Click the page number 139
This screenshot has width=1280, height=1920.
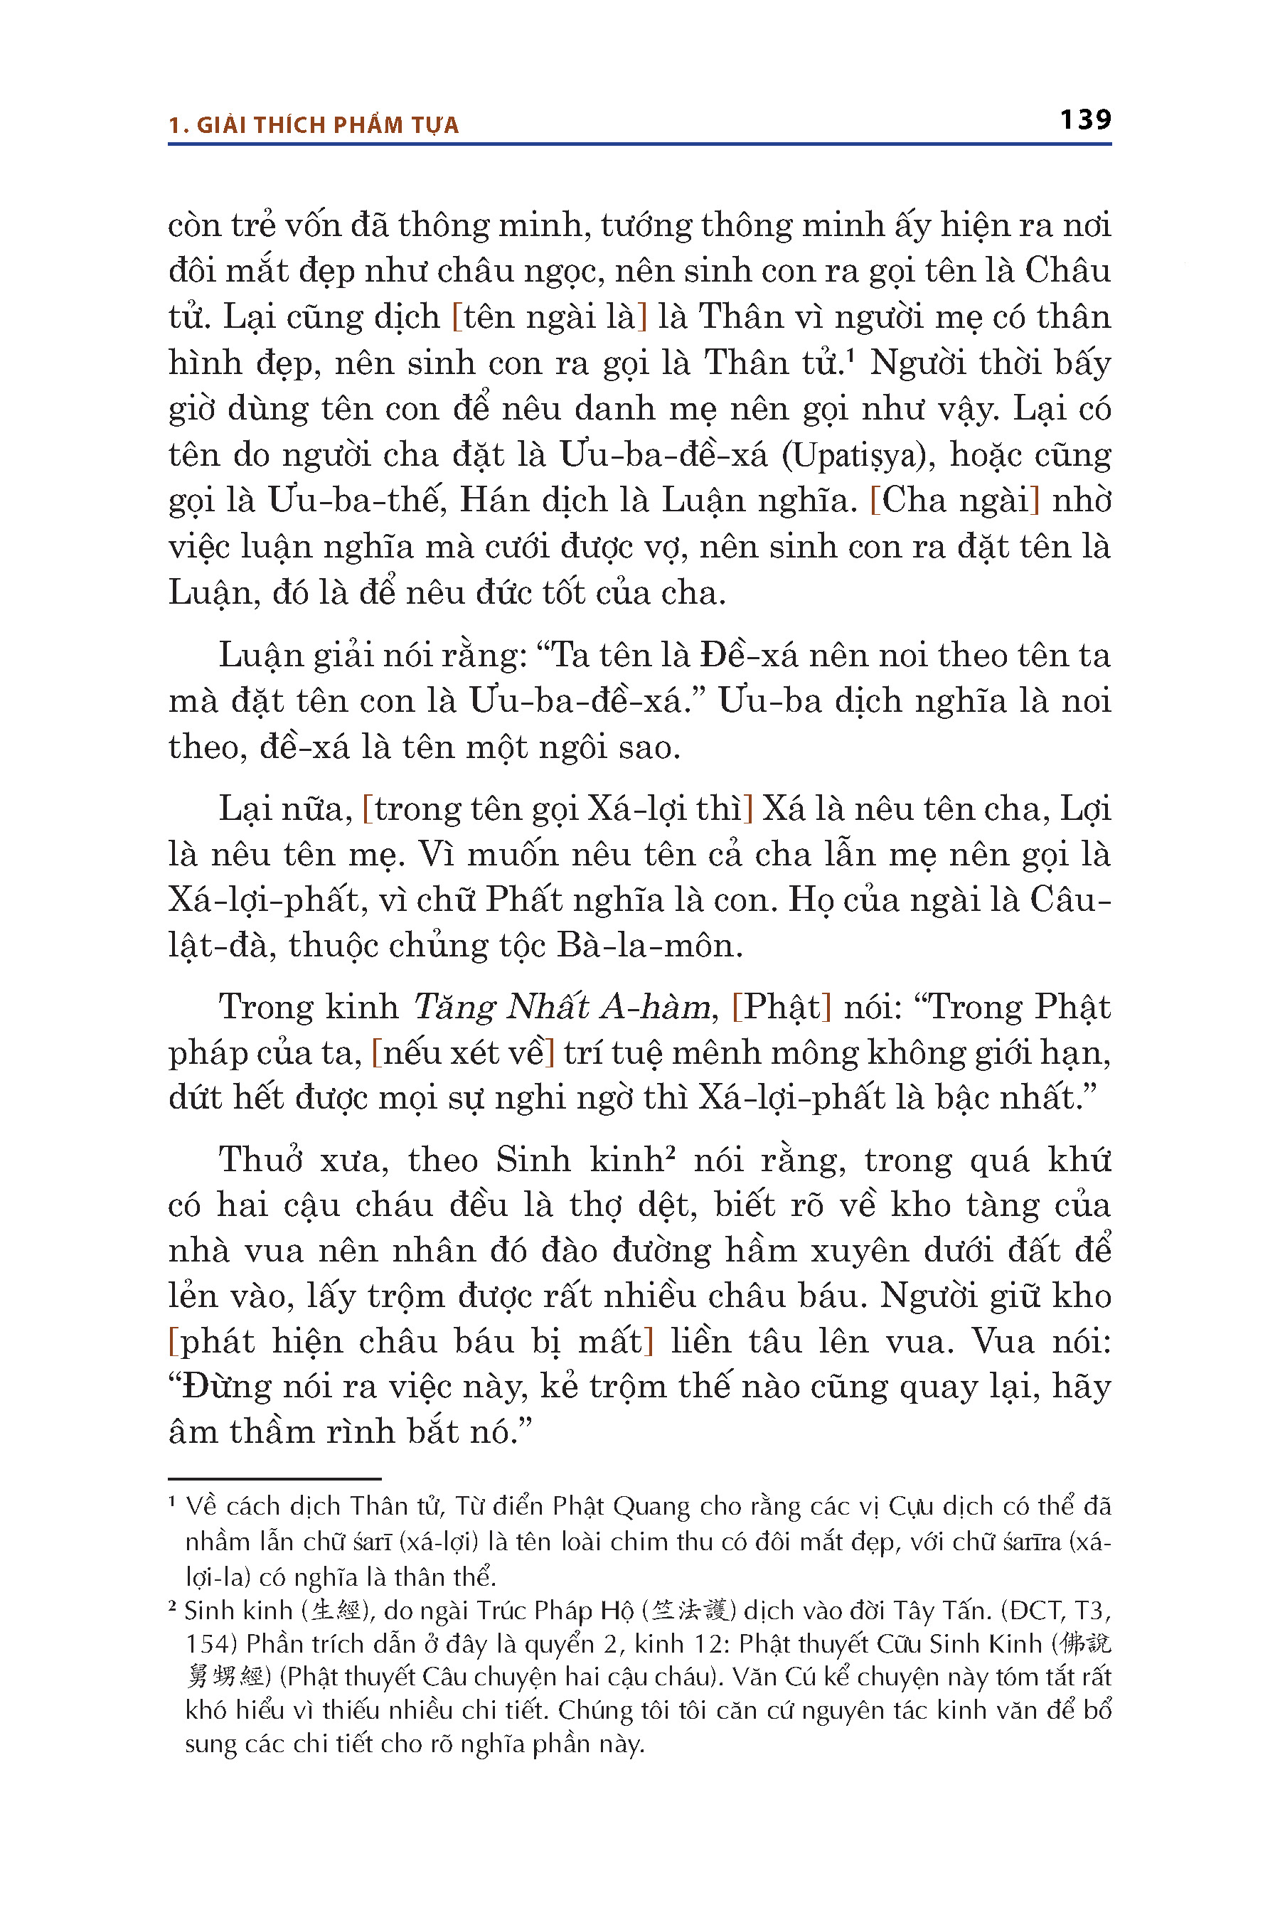pyautogui.click(x=1085, y=120)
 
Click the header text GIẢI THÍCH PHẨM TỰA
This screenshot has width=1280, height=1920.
pyautogui.click(x=327, y=125)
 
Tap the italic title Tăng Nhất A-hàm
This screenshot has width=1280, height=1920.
pyautogui.click(x=562, y=1006)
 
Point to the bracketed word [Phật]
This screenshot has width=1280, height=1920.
pyautogui.click(x=782, y=1006)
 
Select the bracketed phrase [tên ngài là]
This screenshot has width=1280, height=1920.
pyautogui.click(x=550, y=316)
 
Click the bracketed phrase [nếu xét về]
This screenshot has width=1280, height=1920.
pyautogui.click(x=463, y=1052)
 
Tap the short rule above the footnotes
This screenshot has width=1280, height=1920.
pyautogui.click(x=274, y=1478)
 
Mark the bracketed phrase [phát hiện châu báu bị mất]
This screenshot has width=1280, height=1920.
pyautogui.click(x=410, y=1342)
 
